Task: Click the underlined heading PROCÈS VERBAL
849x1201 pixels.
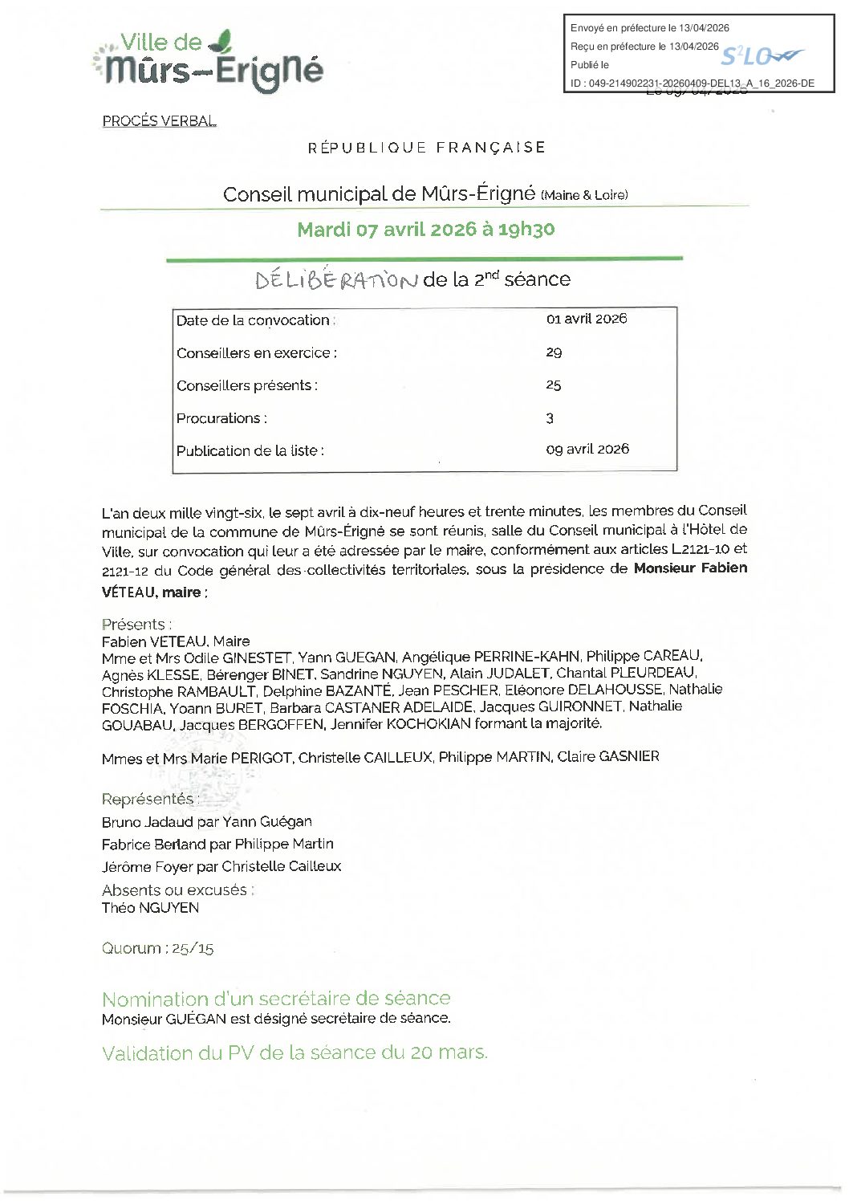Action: tap(160, 121)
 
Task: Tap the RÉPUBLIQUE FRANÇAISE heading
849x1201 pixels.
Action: tap(426, 148)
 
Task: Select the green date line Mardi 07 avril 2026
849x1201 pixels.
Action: tap(425, 230)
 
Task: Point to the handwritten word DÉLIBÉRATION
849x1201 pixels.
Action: tap(336, 279)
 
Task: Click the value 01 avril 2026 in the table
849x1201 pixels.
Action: tap(586, 319)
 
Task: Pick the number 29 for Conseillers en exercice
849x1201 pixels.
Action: tap(554, 352)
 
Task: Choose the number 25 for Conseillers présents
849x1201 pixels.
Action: tap(554, 385)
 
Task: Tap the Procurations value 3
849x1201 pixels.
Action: tap(550, 418)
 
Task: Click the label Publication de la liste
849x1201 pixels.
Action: tap(250, 450)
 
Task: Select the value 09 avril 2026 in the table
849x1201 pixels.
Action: tap(587, 450)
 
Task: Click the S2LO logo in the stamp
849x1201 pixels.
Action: tap(760, 56)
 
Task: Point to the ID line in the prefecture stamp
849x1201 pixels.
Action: tap(692, 83)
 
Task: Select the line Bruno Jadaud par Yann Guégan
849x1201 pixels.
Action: tap(207, 822)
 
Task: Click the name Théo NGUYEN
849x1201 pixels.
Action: tap(150, 908)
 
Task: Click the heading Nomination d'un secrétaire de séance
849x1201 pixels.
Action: tap(276, 999)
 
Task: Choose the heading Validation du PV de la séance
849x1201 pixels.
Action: tap(295, 1053)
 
